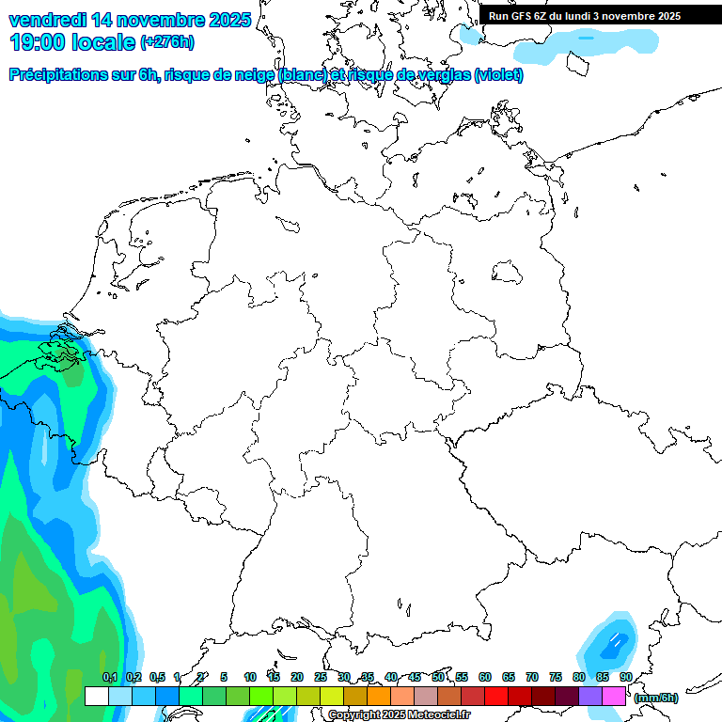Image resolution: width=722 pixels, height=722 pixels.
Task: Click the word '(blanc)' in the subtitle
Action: (303, 75)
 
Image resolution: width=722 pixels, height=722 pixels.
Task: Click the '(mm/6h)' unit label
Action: (656, 698)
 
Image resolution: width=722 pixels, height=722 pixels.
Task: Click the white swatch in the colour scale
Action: (96, 697)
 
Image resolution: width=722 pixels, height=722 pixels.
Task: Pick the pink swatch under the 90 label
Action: (614, 697)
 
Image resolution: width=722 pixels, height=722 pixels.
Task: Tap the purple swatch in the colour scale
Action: (590, 697)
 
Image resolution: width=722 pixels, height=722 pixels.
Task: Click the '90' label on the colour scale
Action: (626, 677)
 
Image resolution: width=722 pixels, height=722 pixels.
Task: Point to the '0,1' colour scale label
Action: (110, 677)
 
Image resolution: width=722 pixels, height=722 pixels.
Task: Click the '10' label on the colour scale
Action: (250, 677)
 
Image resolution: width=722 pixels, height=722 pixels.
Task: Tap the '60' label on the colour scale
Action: (485, 677)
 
